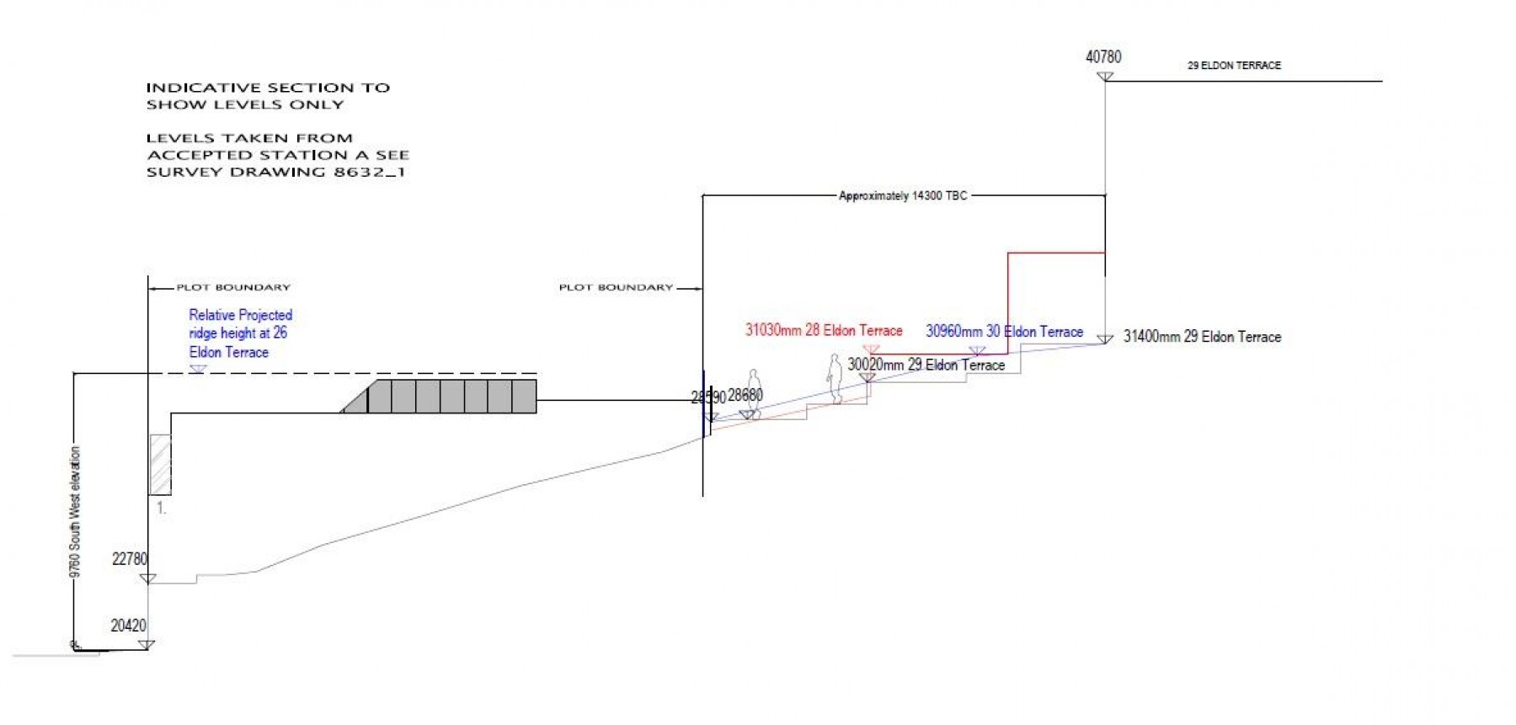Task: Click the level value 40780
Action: click(x=1103, y=57)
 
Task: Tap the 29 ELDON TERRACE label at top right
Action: click(x=1234, y=65)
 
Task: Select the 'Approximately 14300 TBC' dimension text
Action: click(x=903, y=195)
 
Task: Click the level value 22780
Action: click(x=130, y=559)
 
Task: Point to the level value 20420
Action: click(x=128, y=626)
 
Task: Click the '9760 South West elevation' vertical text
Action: click(x=76, y=511)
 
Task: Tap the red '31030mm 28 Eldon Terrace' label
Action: click(x=823, y=330)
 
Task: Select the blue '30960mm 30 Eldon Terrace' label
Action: click(x=1004, y=332)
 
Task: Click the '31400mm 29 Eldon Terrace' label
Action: click(x=1202, y=337)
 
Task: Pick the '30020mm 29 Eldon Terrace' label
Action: click(x=926, y=365)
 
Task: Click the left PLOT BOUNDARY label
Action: click(x=232, y=288)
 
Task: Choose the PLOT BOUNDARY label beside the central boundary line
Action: click(x=616, y=288)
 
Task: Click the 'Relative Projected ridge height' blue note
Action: click(x=240, y=333)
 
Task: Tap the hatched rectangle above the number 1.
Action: click(x=160, y=464)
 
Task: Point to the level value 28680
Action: click(x=745, y=395)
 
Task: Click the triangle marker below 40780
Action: click(x=1105, y=77)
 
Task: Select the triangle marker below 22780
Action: click(x=147, y=578)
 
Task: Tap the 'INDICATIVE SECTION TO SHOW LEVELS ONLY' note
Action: click(x=268, y=96)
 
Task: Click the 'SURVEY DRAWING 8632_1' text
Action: click(x=275, y=172)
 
